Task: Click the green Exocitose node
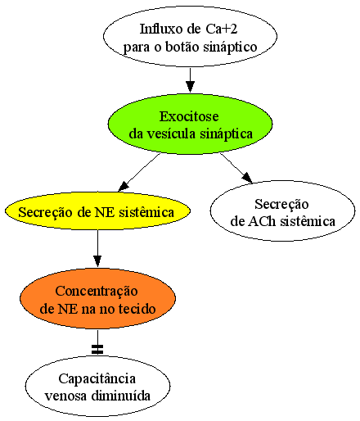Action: (x=190, y=124)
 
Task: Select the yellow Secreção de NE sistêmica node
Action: (x=97, y=211)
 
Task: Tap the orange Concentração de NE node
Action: (x=97, y=298)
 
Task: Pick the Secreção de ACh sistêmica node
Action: (x=282, y=210)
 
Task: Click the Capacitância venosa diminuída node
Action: (x=97, y=386)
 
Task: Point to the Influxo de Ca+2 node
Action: (x=190, y=36)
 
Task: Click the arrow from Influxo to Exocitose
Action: (x=190, y=80)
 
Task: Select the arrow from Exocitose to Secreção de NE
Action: (x=139, y=172)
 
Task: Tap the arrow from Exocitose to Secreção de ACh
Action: (x=236, y=168)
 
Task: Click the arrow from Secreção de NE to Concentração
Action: (x=97, y=249)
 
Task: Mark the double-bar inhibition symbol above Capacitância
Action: (x=97, y=350)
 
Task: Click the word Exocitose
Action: (x=189, y=116)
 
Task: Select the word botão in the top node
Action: (x=182, y=47)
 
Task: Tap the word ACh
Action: (x=262, y=221)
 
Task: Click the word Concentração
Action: (x=97, y=292)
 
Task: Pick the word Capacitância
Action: (x=97, y=379)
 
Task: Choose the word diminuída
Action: (x=120, y=396)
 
